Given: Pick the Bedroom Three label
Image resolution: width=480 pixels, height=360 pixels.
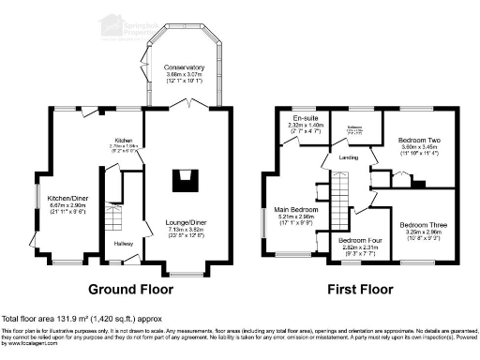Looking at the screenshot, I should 423,225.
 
